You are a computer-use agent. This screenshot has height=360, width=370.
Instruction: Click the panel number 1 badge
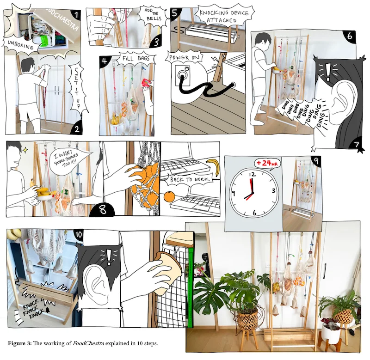click(75, 15)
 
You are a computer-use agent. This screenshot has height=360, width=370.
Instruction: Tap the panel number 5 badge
click(175, 13)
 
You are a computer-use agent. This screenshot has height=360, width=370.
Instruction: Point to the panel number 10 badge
click(78, 234)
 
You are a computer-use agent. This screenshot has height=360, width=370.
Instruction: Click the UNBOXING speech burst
click(20, 45)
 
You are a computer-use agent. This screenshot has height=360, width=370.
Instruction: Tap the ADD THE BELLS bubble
click(154, 15)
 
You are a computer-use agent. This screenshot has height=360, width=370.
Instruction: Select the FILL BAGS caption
click(136, 59)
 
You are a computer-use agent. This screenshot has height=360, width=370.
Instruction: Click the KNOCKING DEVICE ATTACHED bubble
click(224, 16)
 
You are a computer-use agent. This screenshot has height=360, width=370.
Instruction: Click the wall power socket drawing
click(182, 76)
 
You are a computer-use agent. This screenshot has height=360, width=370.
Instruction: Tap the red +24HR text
click(267, 163)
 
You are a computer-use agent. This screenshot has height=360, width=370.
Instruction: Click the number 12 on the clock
click(252, 175)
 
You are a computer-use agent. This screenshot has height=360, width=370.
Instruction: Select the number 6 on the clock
click(254, 213)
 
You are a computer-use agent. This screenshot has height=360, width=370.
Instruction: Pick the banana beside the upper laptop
click(213, 167)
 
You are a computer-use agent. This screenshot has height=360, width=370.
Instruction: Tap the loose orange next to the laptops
click(169, 197)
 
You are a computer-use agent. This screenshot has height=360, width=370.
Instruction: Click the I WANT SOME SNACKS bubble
click(68, 159)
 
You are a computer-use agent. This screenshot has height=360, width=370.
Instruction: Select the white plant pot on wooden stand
click(331, 333)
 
